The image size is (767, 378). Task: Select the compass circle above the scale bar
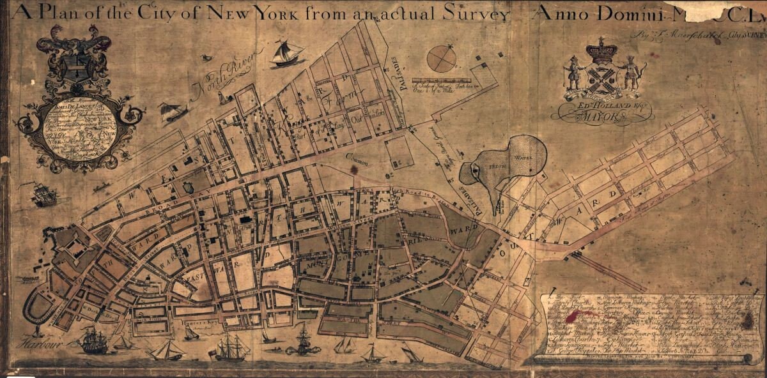coord(442,59)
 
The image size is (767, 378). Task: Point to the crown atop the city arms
coord(602,49)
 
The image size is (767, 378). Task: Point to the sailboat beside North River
coord(287,53)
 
